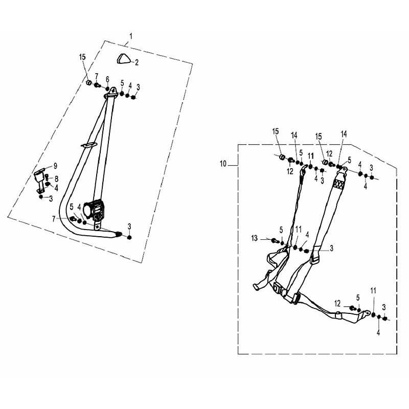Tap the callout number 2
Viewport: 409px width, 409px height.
(137, 62)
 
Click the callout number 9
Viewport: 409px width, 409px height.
(56, 165)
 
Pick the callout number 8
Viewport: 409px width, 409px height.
(56, 178)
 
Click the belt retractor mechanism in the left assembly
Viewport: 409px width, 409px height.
(96, 210)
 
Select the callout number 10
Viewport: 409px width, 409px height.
(222, 164)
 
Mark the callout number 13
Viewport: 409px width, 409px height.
(255, 239)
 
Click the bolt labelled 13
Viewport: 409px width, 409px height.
(274, 240)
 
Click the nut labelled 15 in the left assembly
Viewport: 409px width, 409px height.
(88, 82)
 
